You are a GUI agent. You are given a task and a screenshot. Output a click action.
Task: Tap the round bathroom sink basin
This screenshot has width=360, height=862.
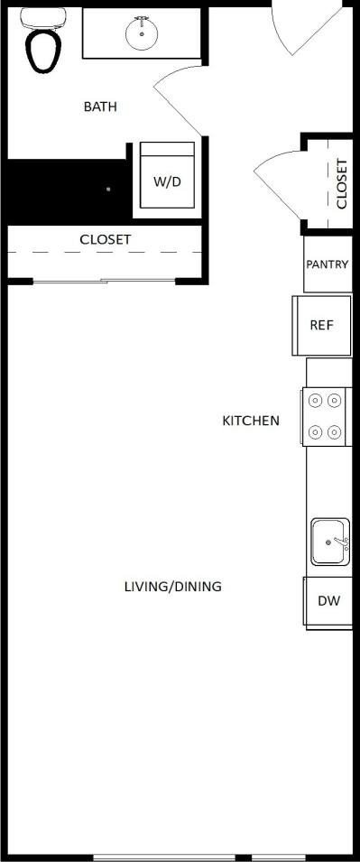pos(141,35)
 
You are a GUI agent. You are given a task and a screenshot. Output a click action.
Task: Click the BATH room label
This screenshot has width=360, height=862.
pos(100,107)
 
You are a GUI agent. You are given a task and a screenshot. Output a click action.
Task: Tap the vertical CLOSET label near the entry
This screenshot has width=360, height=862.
pos(342,184)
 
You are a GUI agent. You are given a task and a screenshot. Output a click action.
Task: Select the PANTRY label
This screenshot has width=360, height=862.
pos(328,264)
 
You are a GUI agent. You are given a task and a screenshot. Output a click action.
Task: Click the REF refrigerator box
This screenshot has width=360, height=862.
pos(322,325)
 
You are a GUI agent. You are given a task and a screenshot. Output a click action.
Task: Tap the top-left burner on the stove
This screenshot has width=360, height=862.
pos(316,400)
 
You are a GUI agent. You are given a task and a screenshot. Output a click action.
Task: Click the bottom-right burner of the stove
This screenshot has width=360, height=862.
pos(335,432)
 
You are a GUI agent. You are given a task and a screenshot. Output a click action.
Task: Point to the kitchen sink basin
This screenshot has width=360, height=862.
pos(327,542)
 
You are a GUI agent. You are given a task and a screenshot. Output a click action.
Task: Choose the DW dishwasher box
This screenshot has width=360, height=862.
pos(328,600)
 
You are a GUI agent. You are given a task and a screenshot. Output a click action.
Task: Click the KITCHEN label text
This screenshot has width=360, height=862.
pos(251,421)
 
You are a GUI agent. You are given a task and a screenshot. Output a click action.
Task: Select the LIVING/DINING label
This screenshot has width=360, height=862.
pos(172,587)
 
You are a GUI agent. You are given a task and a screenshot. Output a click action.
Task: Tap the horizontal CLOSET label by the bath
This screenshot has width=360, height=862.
pos(105,239)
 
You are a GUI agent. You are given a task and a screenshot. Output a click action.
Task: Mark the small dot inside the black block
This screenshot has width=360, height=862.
pos(108,190)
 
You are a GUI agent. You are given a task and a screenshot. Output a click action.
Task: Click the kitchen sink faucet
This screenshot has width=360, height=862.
pos(340,542)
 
